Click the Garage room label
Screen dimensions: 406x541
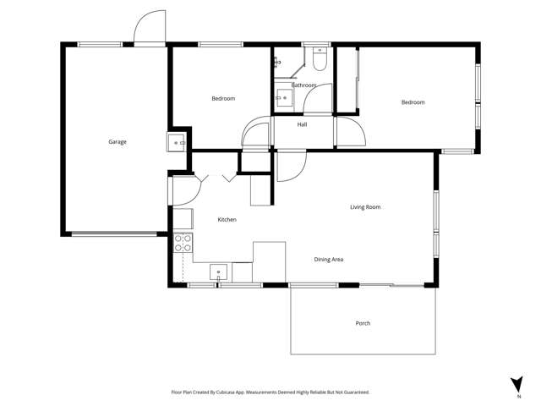click(x=117, y=141)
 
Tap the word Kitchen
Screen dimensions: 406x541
click(x=227, y=219)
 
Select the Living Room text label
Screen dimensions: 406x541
click(x=365, y=206)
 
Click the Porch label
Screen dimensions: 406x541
click(x=363, y=323)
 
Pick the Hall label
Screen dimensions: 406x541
click(x=302, y=124)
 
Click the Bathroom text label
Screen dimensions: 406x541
click(x=303, y=85)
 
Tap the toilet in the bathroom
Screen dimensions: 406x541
click(x=319, y=61)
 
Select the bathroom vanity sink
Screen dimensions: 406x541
click(x=284, y=99)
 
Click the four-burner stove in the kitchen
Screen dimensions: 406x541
click(x=183, y=244)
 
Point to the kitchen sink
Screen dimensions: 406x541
click(x=219, y=274)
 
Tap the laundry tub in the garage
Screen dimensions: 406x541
click(x=178, y=143)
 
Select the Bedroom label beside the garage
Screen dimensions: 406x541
click(x=222, y=99)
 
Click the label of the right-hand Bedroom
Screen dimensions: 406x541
click(x=413, y=102)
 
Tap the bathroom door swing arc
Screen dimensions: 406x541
click(x=317, y=97)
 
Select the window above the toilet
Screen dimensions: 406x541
click(x=317, y=44)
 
